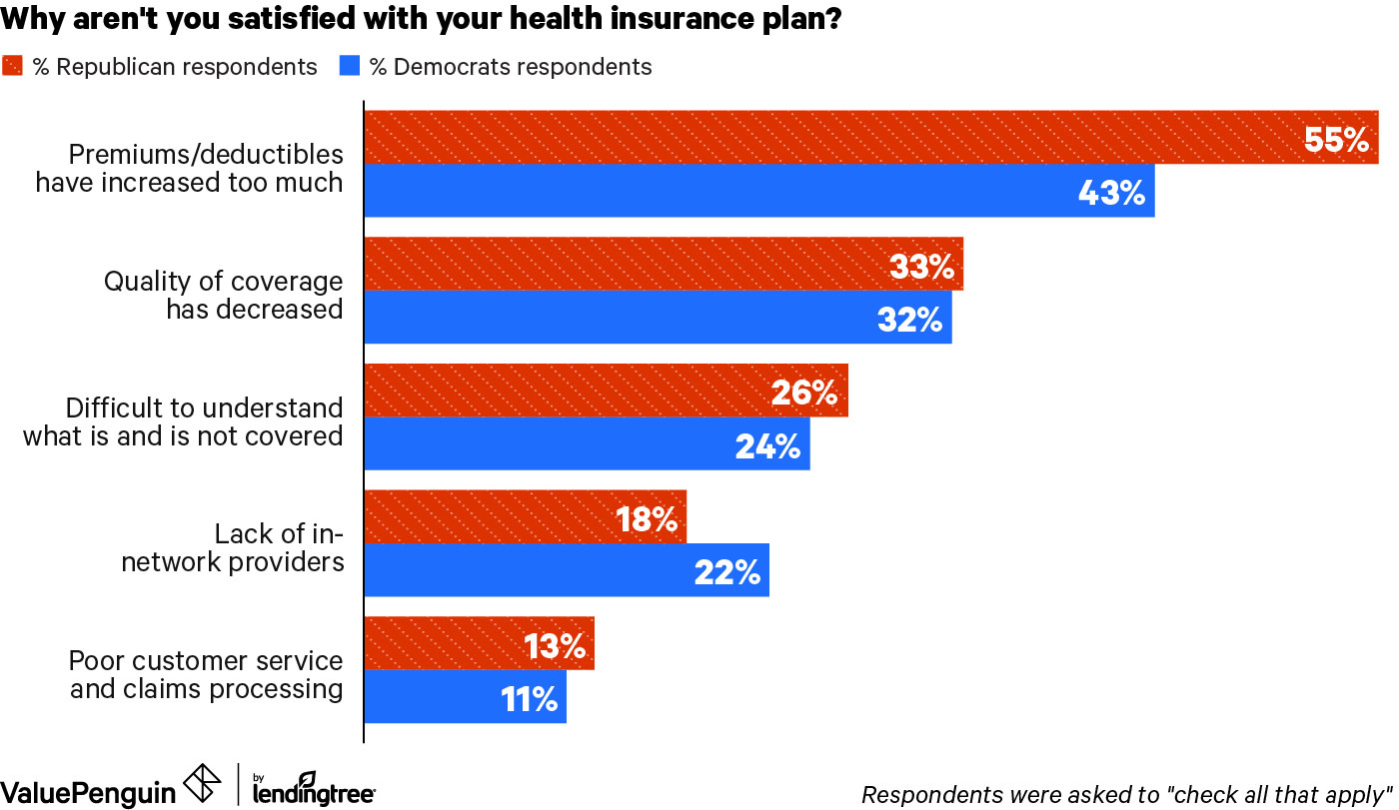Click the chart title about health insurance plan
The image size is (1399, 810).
coord(421,20)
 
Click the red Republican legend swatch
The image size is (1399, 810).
coord(13,67)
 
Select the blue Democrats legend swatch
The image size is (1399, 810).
coord(349,67)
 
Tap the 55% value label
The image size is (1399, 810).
coord(1336,139)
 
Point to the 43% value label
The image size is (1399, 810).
coord(1111,192)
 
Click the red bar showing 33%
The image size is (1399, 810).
coord(663,265)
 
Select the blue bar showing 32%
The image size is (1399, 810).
coord(658,318)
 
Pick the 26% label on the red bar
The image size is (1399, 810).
coord(803,392)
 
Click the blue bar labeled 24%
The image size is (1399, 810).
coord(587,444)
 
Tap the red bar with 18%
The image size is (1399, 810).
coord(525,517)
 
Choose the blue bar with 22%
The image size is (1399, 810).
coord(566,570)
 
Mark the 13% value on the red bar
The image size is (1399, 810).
coord(555,645)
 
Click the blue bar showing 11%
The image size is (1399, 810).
coord(465,697)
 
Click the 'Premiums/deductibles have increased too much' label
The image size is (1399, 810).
coord(190,168)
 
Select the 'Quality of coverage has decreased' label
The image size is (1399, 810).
coord(223,295)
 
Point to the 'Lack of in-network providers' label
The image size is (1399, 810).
coord(260,547)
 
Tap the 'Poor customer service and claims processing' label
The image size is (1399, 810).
coord(206,674)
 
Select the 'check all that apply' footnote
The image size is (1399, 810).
coord(1126,794)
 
